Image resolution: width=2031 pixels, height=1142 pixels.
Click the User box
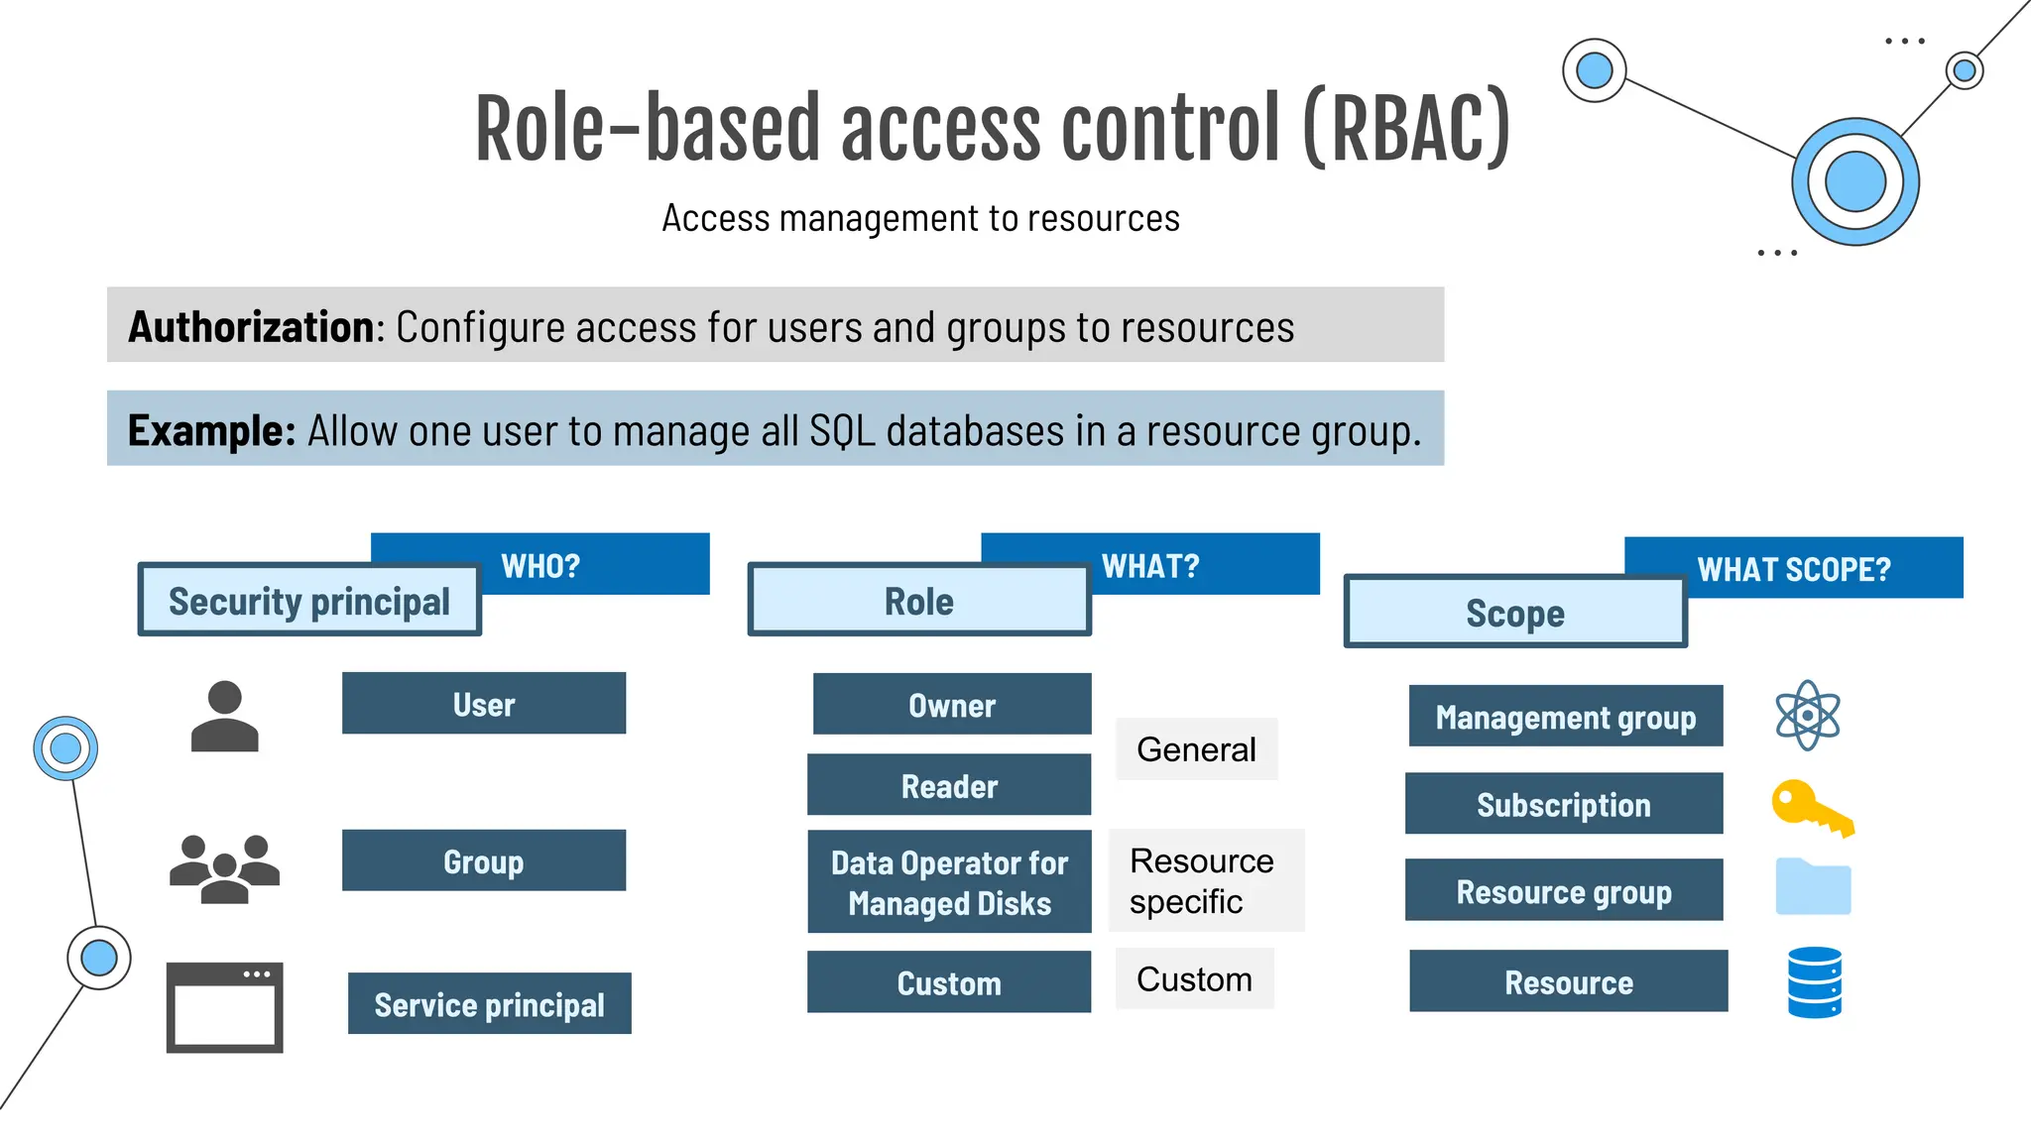pos(484,704)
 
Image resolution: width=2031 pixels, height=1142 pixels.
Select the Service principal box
pos(489,1003)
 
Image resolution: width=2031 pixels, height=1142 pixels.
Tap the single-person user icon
pos(225,716)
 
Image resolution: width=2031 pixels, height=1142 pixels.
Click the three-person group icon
pos(225,868)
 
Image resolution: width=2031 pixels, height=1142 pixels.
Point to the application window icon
pos(225,1006)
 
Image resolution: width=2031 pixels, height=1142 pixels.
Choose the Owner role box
pos(952,704)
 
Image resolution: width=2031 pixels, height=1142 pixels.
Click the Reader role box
pos(949,785)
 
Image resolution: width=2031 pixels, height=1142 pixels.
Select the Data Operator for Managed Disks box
pos(949,882)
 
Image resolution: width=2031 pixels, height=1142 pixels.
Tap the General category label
pos(1196,749)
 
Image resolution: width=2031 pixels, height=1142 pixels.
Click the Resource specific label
pos(1202,880)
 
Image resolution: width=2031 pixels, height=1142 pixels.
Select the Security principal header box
pos(309,601)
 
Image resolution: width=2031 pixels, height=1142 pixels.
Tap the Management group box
pos(1565,716)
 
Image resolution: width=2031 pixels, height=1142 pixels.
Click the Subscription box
pos(1564,804)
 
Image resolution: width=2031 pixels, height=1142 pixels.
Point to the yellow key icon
pos(1810,808)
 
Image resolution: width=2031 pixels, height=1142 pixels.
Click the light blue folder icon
pos(1813,886)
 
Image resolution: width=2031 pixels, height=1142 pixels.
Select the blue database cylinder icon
pos(1814,982)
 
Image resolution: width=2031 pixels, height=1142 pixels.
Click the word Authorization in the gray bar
pos(251,327)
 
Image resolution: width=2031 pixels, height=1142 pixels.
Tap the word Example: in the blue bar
pos(211,430)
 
